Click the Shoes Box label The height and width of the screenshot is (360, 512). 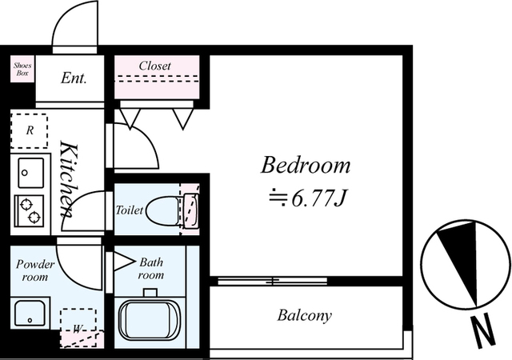(x=22, y=70)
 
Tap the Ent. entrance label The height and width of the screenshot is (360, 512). (x=74, y=78)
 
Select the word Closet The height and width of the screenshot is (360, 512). (x=154, y=66)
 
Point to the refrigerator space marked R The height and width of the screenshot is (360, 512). (x=30, y=130)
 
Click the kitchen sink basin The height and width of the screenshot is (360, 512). (x=30, y=173)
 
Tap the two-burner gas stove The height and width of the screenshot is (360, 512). (x=30, y=210)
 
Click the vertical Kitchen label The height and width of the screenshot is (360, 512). (x=68, y=179)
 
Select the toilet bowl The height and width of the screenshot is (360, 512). (x=163, y=210)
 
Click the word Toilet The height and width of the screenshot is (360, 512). (x=130, y=210)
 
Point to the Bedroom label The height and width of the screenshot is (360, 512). (x=306, y=165)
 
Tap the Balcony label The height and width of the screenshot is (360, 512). (x=304, y=315)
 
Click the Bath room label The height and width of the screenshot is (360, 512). (x=151, y=269)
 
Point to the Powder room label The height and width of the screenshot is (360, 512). (x=35, y=270)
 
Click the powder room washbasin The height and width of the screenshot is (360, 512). (x=30, y=313)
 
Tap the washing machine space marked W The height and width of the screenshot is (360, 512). (x=78, y=327)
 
